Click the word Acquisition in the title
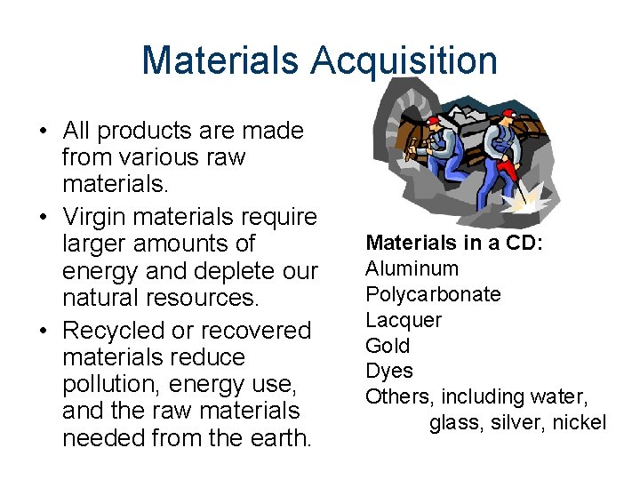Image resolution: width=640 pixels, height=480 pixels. [x=404, y=61]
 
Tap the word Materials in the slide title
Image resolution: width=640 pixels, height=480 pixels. [x=220, y=61]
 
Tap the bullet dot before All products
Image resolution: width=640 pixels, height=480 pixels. [x=43, y=132]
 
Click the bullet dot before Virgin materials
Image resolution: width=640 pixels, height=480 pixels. [x=43, y=216]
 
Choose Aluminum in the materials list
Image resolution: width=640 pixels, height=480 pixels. [x=412, y=268]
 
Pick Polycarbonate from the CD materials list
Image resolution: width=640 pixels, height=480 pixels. [x=433, y=294]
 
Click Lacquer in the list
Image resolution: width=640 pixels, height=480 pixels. [x=404, y=319]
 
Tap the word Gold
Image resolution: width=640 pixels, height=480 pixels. [x=388, y=345]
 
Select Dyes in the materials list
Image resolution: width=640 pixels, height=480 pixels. [x=388, y=371]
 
